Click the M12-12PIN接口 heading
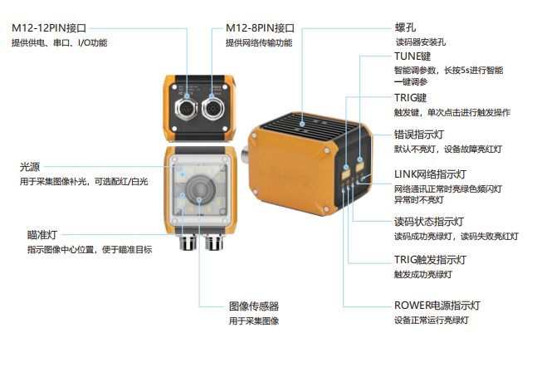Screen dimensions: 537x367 pyautogui.click(x=49, y=28)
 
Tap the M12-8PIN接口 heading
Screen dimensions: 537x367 pyautogui.click(x=260, y=28)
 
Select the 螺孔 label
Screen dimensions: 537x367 pyautogui.click(x=405, y=27)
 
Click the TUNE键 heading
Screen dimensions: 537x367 pyautogui.click(x=412, y=56)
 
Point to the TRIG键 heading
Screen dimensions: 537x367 pyautogui.click(x=410, y=98)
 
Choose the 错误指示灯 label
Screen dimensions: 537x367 pyautogui.click(x=419, y=135)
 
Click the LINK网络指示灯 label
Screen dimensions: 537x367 pyautogui.click(x=430, y=174)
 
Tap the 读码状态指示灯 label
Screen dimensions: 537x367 pyautogui.click(x=429, y=222)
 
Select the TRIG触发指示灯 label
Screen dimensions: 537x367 pyautogui.click(x=430, y=260)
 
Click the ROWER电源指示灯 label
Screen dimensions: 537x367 pyautogui.click(x=437, y=306)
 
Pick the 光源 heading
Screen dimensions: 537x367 pyautogui.click(x=30, y=167)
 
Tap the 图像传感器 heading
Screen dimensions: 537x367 pyautogui.click(x=254, y=306)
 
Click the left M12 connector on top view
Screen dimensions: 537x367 pyautogui.click(x=186, y=109)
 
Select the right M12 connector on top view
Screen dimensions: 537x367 pyautogui.click(x=212, y=108)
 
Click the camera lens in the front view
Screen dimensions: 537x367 pyautogui.click(x=200, y=188)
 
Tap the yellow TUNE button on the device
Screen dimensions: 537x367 pyautogui.click(x=360, y=167)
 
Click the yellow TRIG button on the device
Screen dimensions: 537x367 pyautogui.click(x=345, y=174)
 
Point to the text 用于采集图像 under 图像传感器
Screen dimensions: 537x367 pyautogui.click(x=254, y=321)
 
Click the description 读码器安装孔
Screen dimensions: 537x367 pyautogui.click(x=421, y=42)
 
